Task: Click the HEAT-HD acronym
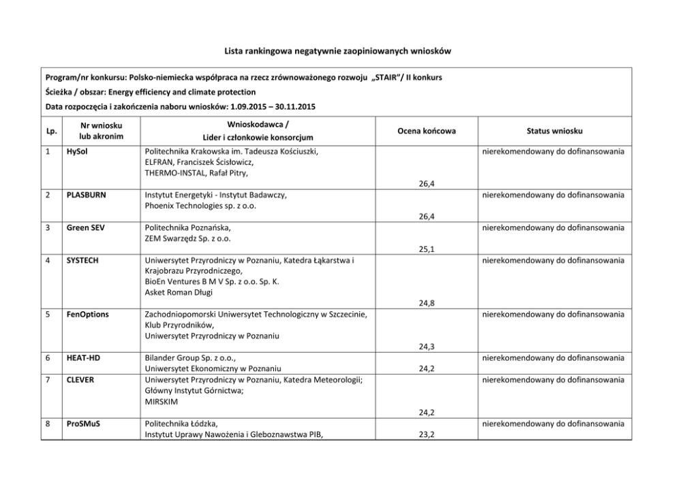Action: tap(84, 358)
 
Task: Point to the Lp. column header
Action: tap(51, 131)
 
